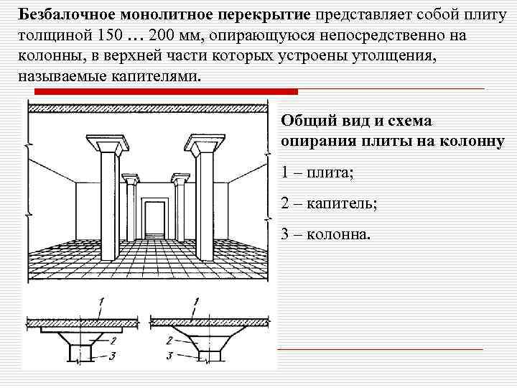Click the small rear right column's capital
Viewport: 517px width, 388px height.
(181, 177)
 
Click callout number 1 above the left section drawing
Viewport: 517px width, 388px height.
(103, 300)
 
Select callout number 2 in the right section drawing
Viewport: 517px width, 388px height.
(167, 340)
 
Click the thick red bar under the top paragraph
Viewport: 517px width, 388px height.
(158, 91)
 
